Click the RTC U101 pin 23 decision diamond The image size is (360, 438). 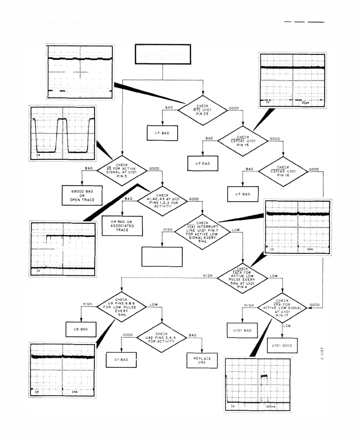click(203, 110)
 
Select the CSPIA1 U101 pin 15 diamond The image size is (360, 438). click(243, 141)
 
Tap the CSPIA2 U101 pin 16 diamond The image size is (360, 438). click(283, 171)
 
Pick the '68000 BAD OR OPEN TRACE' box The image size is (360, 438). click(82, 196)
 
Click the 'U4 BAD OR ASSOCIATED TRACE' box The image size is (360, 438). click(122, 226)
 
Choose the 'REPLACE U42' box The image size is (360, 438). click(202, 360)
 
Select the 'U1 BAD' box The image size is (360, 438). click(121, 360)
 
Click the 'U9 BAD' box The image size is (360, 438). click(81, 329)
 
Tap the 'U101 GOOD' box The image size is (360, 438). click(282, 346)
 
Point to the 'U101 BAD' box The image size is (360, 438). click(242, 330)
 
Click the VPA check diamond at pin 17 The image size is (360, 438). click(282, 308)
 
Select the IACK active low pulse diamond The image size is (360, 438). click(242, 278)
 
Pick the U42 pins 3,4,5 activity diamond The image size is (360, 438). click(162, 337)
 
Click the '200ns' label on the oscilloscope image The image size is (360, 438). click(271, 406)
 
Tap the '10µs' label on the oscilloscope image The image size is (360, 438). click(305, 103)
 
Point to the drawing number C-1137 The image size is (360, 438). click(322, 354)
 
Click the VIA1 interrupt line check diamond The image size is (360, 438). click(202, 232)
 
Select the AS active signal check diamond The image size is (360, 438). click(122, 170)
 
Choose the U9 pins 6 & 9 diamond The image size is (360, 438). click(121, 307)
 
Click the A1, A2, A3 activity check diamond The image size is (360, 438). click(162, 201)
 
